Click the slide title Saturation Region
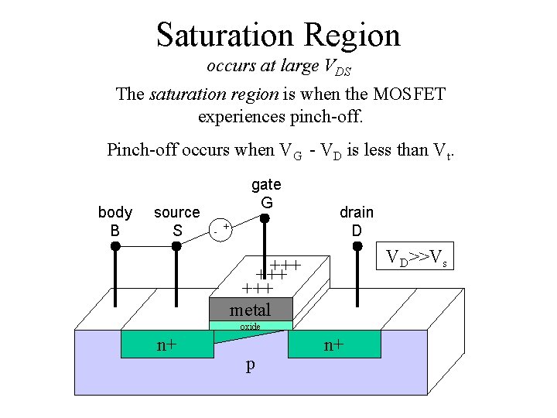(x=278, y=35)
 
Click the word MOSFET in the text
(x=408, y=94)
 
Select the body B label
(x=115, y=221)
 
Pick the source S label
(x=177, y=221)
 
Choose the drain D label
(x=357, y=221)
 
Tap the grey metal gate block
(x=250, y=310)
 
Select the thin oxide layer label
(x=250, y=327)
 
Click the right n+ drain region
(x=334, y=344)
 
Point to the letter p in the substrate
(x=250, y=365)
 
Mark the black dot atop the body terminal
(x=115, y=246)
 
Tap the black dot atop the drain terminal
(x=357, y=246)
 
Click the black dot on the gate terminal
(x=264, y=218)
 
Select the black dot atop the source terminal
(x=176, y=246)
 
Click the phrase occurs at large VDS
(x=278, y=67)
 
